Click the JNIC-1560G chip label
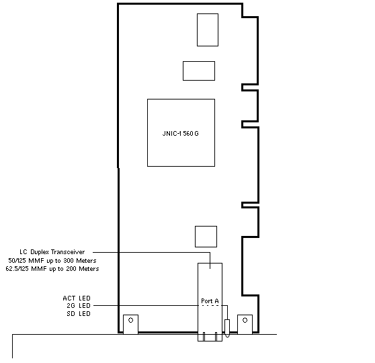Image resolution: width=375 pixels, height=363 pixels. click(x=181, y=134)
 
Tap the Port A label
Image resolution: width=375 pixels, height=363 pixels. click(x=210, y=300)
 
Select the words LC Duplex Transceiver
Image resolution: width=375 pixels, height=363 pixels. click(x=52, y=252)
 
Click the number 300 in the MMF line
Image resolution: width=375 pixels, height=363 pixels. click(x=69, y=261)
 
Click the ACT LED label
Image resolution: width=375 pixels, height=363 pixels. click(x=77, y=298)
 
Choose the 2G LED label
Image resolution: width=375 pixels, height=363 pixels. click(x=79, y=306)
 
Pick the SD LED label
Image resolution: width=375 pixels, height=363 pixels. click(x=79, y=314)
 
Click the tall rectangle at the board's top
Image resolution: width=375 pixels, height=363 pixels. click(x=208, y=30)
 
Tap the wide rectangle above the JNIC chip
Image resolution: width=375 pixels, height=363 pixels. click(x=199, y=71)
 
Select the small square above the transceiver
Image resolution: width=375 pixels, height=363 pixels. click(x=206, y=237)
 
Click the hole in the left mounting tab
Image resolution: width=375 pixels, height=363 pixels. click(x=130, y=320)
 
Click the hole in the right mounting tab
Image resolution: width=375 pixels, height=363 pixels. click(x=245, y=320)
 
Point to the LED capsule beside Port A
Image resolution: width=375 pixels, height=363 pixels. click(x=227, y=328)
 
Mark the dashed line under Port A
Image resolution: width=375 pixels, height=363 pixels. click(x=210, y=306)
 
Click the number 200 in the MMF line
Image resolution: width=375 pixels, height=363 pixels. click(x=71, y=269)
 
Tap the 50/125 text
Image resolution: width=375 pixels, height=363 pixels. click(x=17, y=261)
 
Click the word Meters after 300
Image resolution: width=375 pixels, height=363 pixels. click(x=86, y=261)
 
